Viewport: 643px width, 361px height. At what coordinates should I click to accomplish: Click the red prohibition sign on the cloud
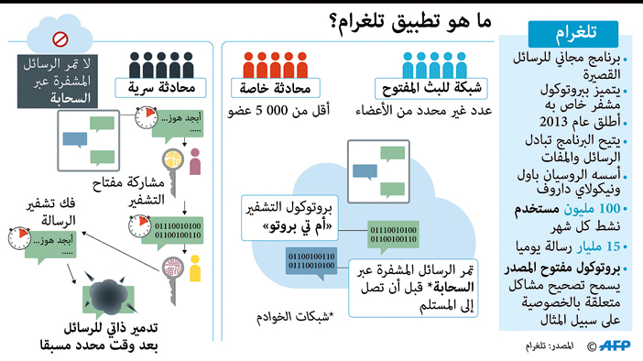pyautogui.click(x=60, y=39)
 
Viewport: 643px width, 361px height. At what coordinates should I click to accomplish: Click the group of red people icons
pyautogui.click(x=276, y=64)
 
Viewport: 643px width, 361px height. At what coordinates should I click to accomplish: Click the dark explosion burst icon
pyautogui.click(x=109, y=292)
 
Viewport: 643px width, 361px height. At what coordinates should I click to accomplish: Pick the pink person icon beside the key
pyautogui.click(x=194, y=164)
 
